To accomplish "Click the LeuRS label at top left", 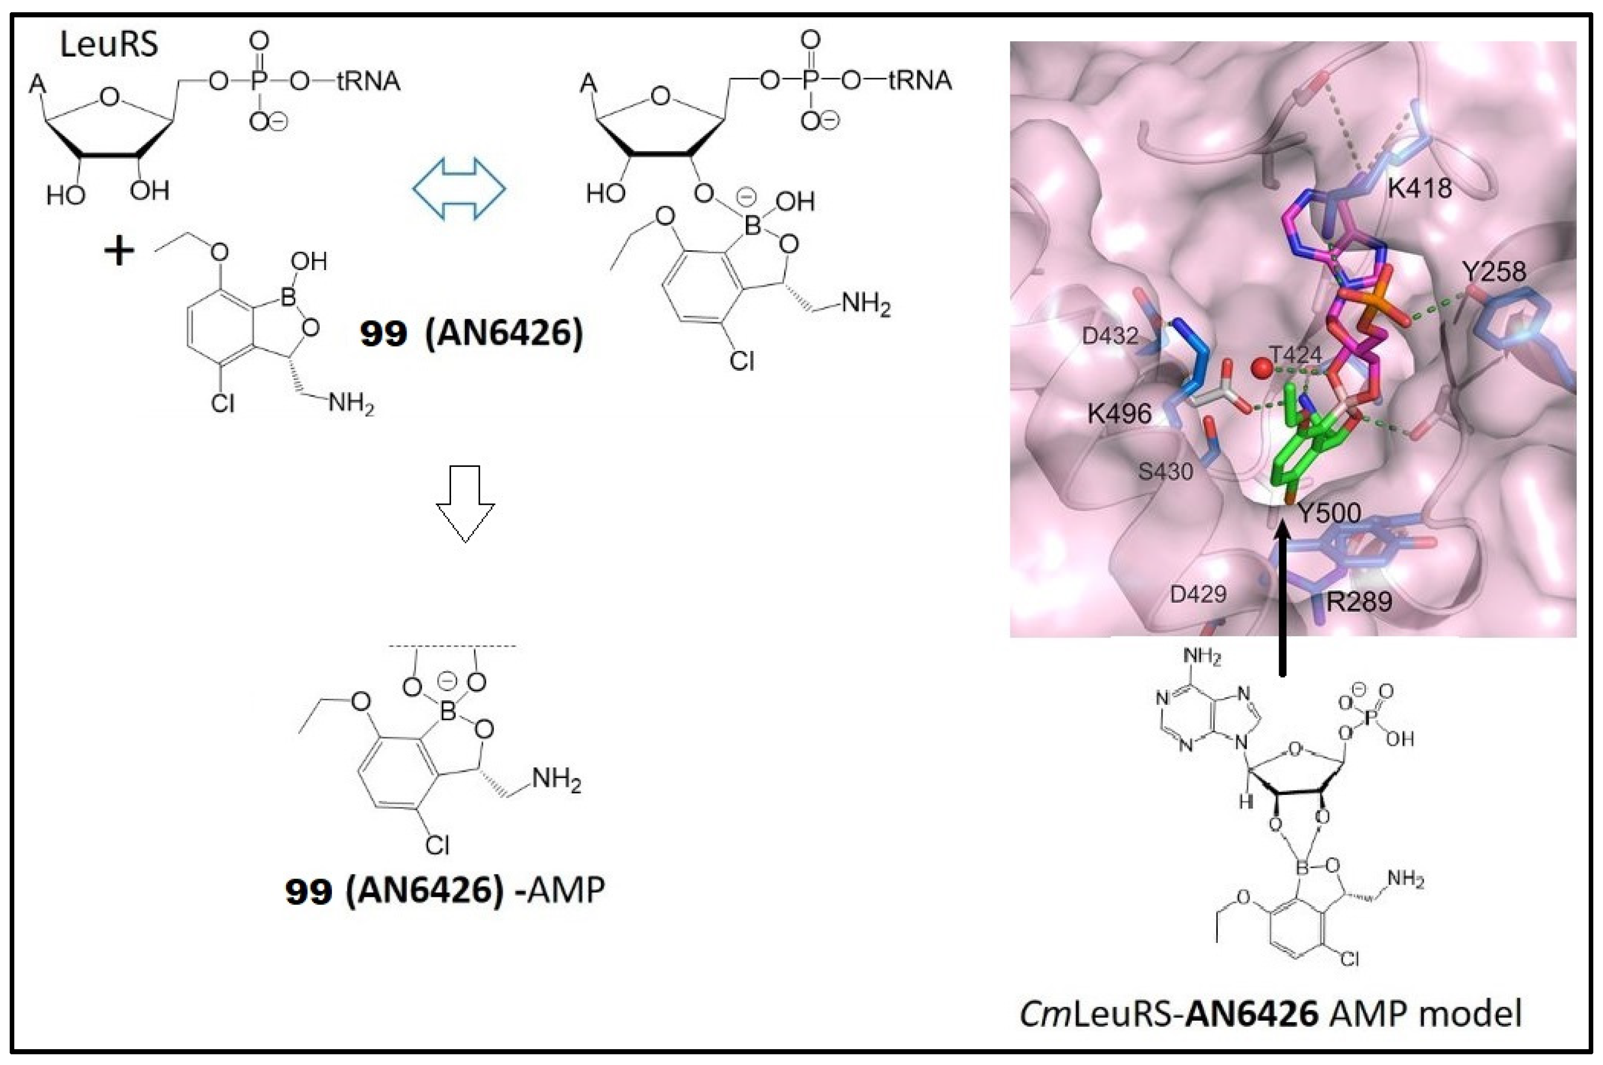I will (109, 45).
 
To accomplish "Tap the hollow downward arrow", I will (465, 503).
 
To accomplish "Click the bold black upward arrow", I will (1282, 598).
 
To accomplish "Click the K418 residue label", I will (1419, 187).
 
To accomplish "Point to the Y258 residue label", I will (1494, 272).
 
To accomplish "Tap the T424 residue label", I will (1296, 354).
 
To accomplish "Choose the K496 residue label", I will (1119, 413).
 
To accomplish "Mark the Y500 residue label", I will (1329, 513).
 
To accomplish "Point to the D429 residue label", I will (1198, 595).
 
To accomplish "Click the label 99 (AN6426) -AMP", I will (445, 890).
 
